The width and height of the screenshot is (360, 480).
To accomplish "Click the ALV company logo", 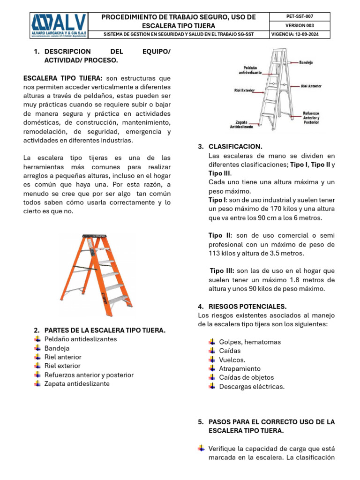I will (x=59, y=25).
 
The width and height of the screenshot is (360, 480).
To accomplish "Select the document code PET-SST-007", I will (x=300, y=16).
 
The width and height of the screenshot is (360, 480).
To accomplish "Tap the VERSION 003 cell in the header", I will (x=300, y=25).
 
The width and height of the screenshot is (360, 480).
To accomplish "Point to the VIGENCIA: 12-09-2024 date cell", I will (x=300, y=35).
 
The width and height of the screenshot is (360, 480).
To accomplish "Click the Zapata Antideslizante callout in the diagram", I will (x=241, y=124).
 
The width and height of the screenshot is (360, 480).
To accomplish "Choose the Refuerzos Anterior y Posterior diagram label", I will (x=311, y=117).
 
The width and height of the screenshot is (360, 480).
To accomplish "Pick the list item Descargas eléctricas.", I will (x=252, y=386).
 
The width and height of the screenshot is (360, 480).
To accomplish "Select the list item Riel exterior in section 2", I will (x=62, y=366).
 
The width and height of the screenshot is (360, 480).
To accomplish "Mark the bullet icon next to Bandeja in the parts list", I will (x=37, y=348).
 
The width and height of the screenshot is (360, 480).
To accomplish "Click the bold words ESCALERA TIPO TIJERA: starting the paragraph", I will (x=63, y=78).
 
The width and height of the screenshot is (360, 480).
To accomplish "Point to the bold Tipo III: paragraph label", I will (x=222, y=271).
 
